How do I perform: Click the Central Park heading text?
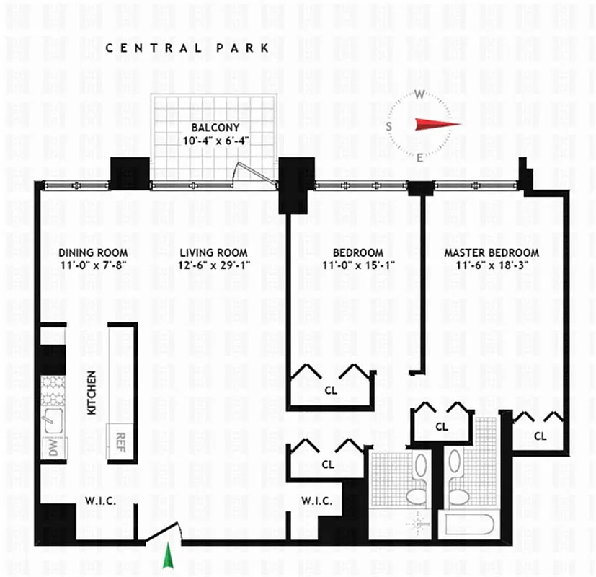pos(187,48)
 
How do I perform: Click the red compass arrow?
pos(437,123)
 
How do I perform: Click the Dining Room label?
pos(93,252)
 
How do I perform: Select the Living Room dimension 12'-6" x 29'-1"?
pos(213,264)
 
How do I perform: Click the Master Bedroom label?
pos(491,252)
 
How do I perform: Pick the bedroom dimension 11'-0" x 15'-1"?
pos(357,264)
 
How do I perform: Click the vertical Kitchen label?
pos(92,392)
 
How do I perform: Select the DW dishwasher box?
pos(53,447)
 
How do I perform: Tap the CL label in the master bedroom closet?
pos(539,436)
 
